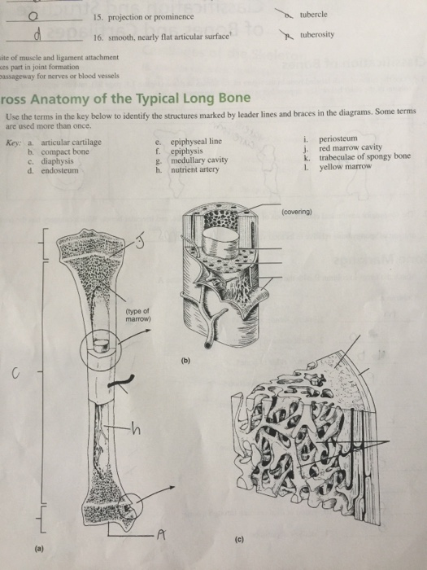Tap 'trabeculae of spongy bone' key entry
(365, 158)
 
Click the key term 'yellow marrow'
(345, 167)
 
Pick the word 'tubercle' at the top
(314, 15)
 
